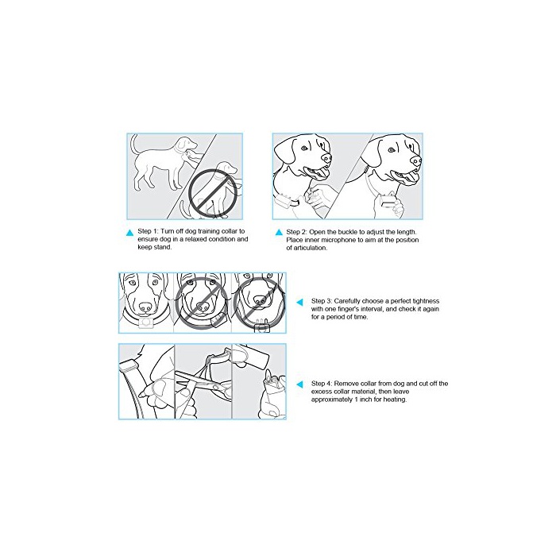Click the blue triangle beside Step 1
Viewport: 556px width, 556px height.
(130, 233)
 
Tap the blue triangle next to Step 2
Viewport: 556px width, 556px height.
(279, 232)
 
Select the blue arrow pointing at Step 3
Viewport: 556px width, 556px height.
(300, 302)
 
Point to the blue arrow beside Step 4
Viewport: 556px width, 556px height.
(300, 384)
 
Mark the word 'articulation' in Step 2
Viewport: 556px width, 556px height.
(310, 248)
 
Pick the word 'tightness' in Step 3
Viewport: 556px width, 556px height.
(426, 301)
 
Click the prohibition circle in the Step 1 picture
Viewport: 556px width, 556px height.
(212, 193)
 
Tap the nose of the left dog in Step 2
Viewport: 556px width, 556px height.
(326, 158)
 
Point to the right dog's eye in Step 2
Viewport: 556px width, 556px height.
(391, 150)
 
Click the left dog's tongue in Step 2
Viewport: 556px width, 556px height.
(322, 173)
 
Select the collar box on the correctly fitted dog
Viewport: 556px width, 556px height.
(146, 323)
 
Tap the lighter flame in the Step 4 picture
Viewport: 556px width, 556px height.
(268, 375)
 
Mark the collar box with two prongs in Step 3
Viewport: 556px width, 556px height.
(261, 326)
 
